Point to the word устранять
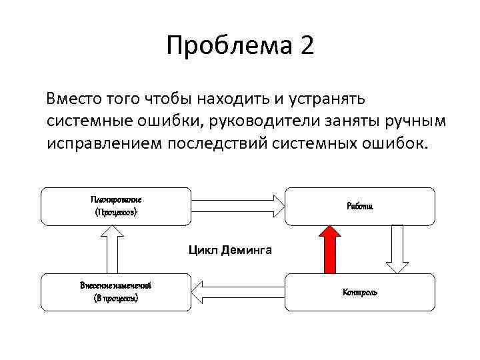point(326,99)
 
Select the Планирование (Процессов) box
point(116,206)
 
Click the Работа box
point(360,206)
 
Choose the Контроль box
point(360,292)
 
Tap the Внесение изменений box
point(116,292)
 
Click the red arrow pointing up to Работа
point(329,249)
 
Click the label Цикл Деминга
point(230,251)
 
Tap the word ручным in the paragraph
point(419,122)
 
